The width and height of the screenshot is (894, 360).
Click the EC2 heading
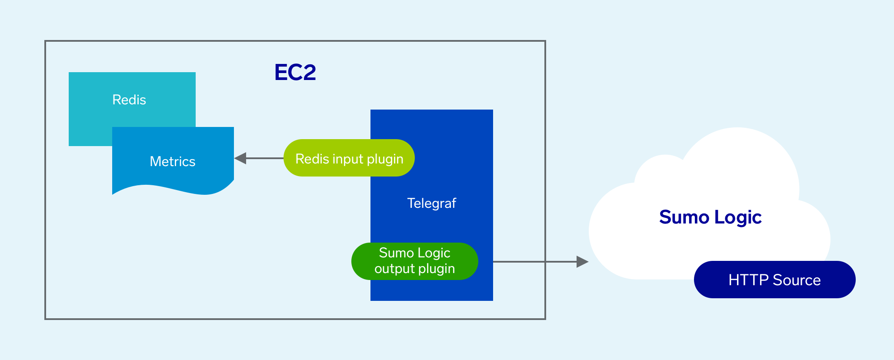[x=295, y=72]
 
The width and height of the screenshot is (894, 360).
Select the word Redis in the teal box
[x=129, y=100]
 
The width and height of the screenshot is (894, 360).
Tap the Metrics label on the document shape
[x=173, y=161]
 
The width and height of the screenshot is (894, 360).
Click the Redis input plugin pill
[x=349, y=158]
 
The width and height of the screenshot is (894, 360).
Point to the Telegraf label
[x=431, y=203]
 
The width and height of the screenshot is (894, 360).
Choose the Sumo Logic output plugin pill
[x=414, y=261]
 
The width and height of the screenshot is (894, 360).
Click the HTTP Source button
[x=774, y=280]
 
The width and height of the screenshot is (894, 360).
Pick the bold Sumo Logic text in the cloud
[x=710, y=217]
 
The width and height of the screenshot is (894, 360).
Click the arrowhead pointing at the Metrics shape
[x=240, y=158]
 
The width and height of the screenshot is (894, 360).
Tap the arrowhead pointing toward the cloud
[x=582, y=262]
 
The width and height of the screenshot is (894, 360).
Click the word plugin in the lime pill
[x=385, y=159]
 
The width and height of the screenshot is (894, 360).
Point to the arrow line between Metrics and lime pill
[x=265, y=158]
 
